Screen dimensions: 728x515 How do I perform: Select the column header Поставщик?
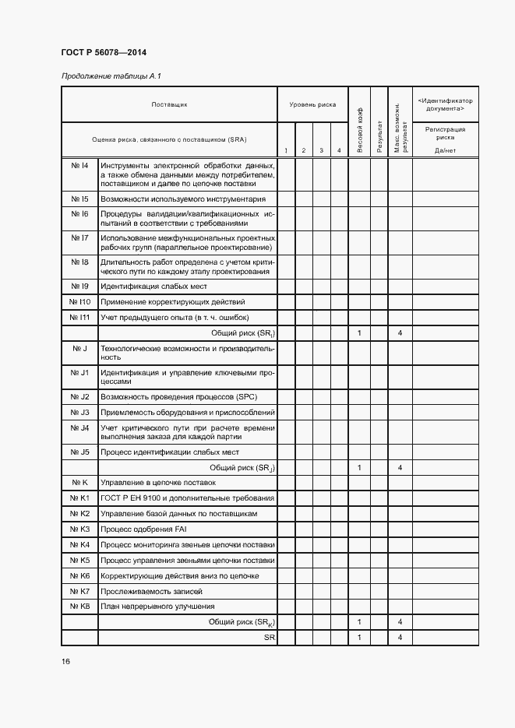coord(169,104)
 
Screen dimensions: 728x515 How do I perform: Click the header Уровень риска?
coord(312,104)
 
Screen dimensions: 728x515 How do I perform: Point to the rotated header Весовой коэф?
coord(359,129)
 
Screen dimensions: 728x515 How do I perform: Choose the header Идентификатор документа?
coord(445,104)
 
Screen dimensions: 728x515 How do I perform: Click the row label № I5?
coord(79,199)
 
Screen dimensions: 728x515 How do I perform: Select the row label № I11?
coord(79,318)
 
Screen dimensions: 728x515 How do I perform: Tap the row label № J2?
coord(79,397)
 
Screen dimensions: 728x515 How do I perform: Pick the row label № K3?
coord(79,529)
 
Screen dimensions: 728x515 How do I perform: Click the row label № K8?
coord(79,607)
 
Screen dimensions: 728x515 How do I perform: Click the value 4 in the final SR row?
coord(400,638)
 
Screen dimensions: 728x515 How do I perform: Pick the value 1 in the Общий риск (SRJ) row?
coord(359,468)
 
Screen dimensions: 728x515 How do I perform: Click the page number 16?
coord(66,662)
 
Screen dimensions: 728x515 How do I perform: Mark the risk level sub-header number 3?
coord(321,150)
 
